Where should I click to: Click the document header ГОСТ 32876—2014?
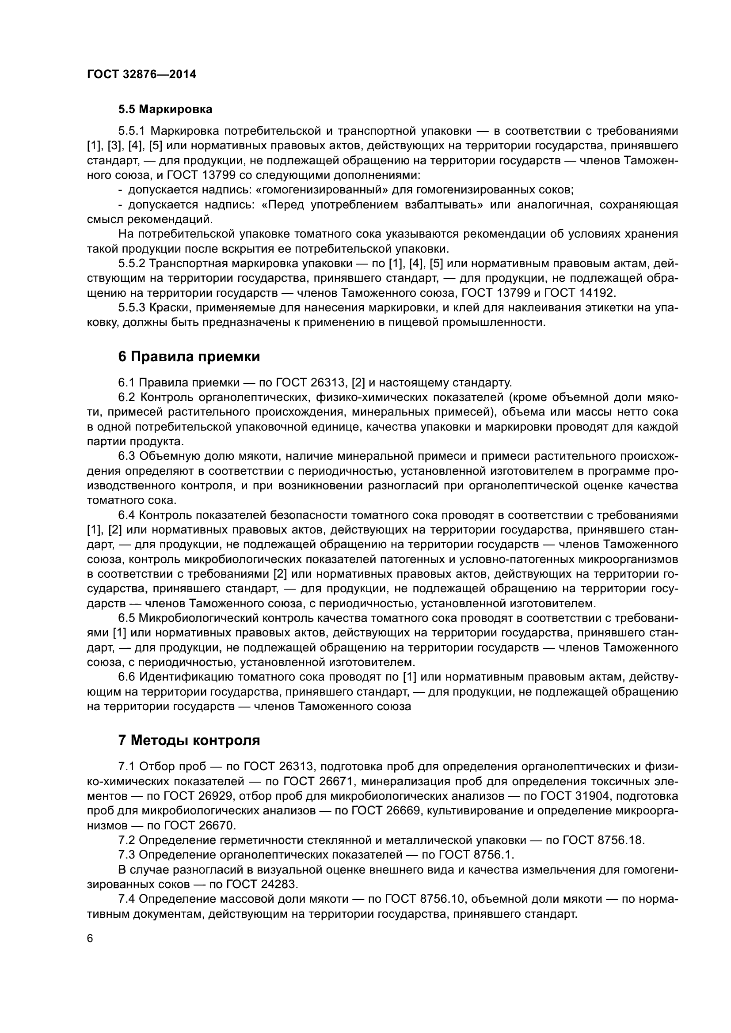coord(141,75)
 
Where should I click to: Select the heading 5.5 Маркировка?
coord(165,109)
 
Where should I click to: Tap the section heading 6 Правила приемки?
coord(189,357)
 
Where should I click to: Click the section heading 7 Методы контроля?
coord(189,740)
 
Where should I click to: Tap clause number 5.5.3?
coord(132,308)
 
